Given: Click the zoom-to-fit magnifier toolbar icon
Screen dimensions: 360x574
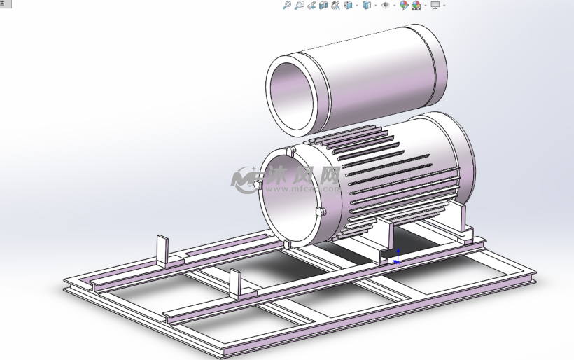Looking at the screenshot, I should [286, 5].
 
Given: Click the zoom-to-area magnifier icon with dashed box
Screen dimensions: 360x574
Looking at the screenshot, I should [299, 5].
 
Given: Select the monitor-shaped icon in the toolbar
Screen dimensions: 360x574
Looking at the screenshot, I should [435, 5].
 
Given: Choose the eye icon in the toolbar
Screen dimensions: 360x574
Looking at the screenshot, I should [385, 5].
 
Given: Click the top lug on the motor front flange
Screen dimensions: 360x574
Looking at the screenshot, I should [290, 151].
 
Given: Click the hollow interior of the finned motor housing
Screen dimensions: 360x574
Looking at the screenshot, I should [290, 200].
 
